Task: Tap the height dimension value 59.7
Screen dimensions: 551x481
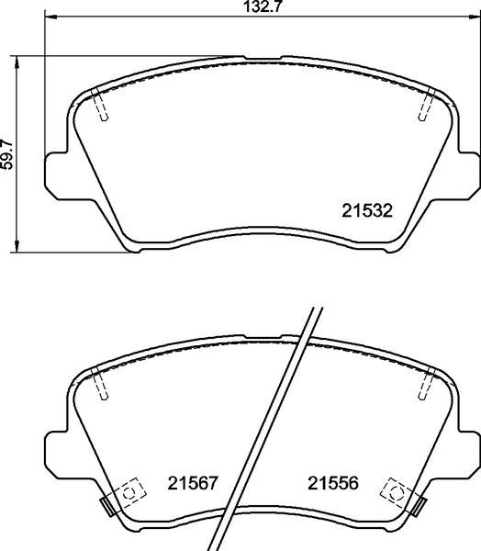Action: (x=9, y=152)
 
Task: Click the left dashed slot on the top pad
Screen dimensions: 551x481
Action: (x=103, y=107)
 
